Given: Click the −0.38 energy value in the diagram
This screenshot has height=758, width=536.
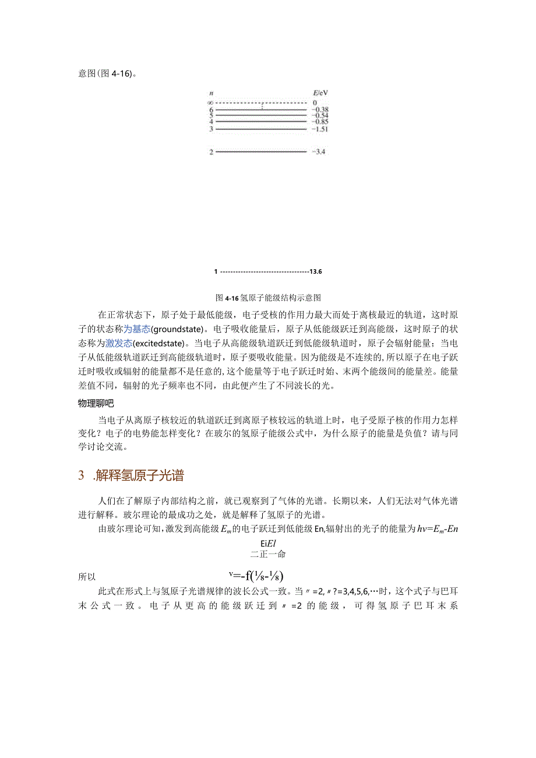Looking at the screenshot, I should tap(320, 110).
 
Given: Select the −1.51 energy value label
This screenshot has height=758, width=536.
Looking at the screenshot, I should tap(320, 129).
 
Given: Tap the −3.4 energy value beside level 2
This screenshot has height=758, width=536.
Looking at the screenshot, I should tap(319, 152).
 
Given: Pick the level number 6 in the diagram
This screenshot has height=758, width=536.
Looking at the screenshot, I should tap(211, 110).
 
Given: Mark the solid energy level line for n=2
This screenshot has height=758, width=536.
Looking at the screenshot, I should tap(261, 152).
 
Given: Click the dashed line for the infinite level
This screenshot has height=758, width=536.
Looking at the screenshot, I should tap(261, 103).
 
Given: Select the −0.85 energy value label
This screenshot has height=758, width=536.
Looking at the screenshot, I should tap(320, 122).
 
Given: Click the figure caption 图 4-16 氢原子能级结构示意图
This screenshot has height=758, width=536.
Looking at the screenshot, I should tap(269, 297).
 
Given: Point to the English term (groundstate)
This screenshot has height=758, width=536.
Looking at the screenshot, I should tap(179, 329).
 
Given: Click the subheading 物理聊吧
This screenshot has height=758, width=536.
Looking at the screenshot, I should tap(96, 403).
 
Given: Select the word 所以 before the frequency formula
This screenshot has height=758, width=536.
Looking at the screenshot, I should tap(87, 577).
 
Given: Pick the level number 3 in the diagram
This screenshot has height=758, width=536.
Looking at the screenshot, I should tap(211, 129).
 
